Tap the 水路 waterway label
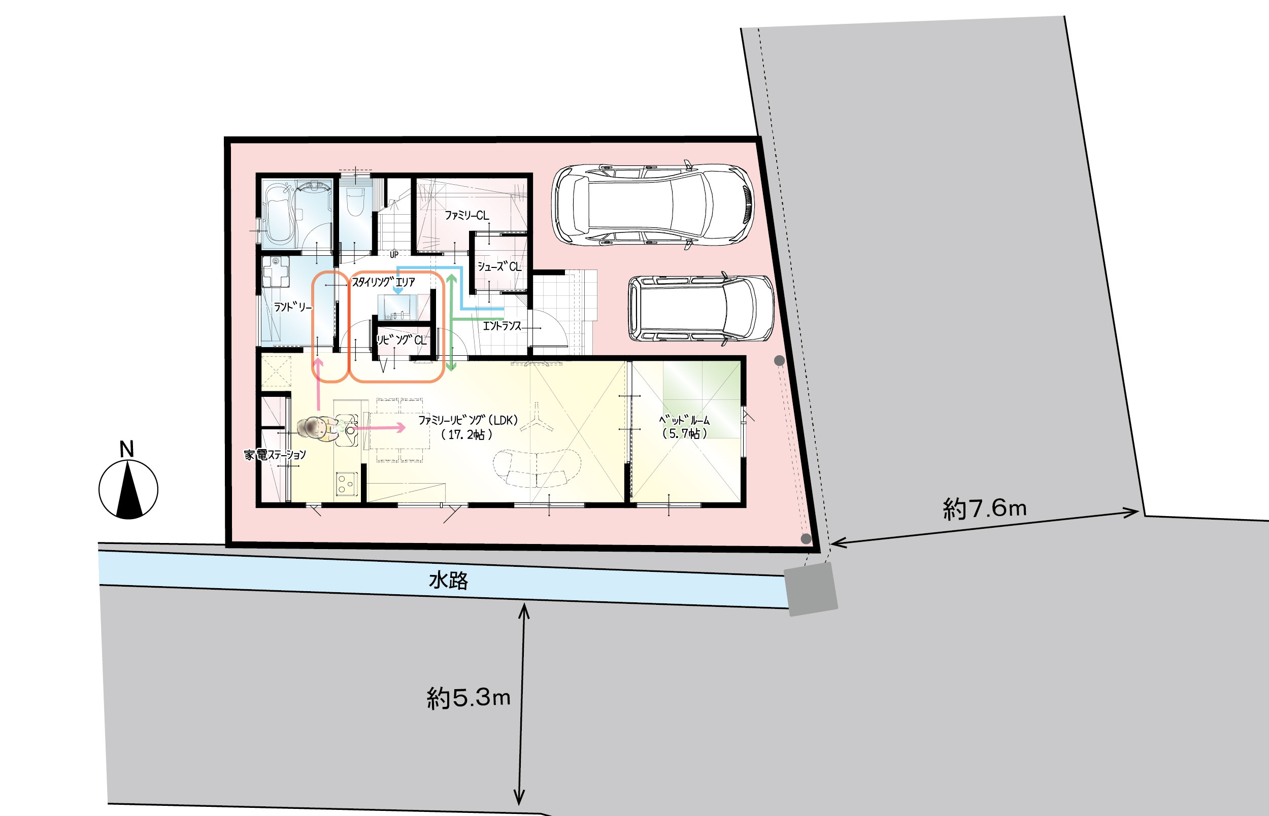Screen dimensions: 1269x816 [448, 581]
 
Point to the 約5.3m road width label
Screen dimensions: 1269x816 [469, 698]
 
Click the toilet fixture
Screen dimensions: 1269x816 [354, 201]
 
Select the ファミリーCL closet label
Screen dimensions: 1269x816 [466, 215]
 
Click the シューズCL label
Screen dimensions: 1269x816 [499, 266]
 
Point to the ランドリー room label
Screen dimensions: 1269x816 [292, 307]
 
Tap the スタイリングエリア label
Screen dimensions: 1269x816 [384, 282]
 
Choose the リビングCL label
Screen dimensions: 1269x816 [402, 339]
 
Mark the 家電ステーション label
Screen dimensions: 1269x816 [275, 455]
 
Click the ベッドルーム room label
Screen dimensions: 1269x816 [685, 427]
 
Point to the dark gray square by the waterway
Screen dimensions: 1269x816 [811, 589]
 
